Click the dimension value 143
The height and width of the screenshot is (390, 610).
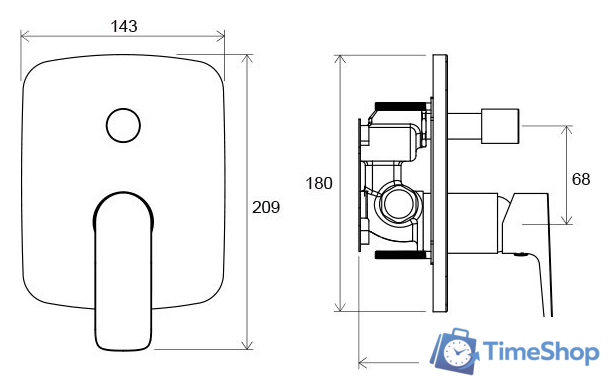[124, 26]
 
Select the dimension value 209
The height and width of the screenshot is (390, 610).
[266, 207]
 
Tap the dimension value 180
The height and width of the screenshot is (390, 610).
[319, 183]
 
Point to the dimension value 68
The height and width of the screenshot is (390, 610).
[581, 179]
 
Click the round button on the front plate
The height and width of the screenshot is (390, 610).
[123, 125]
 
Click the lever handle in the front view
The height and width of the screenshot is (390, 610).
[123, 271]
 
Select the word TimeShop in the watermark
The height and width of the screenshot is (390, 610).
[540, 352]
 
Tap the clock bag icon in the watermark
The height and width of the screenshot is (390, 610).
[454, 351]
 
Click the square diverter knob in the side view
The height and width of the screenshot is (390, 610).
[500, 126]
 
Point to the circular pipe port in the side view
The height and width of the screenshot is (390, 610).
[397, 204]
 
